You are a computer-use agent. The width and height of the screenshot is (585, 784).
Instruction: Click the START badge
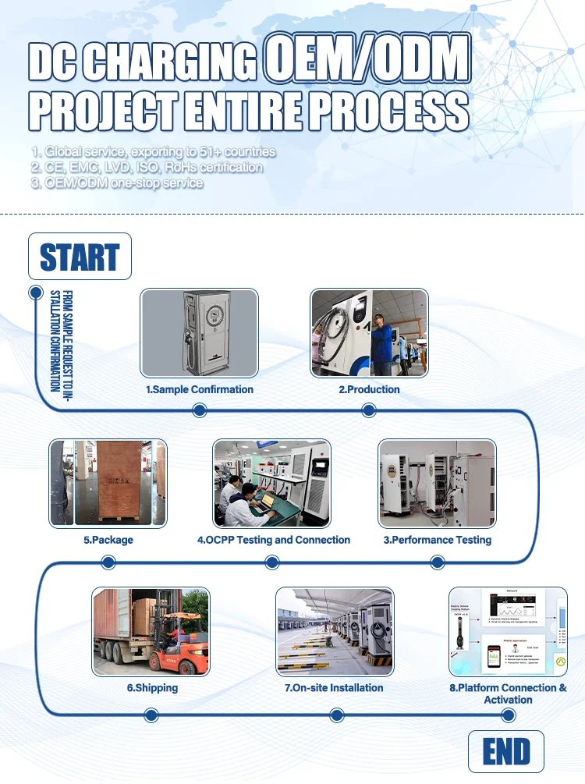coord(80,257)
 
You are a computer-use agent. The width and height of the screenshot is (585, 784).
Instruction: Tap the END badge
coord(505,753)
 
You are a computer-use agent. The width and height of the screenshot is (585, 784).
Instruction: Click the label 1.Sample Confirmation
coord(200,389)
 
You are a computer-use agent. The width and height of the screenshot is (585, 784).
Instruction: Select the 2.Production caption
coord(369,389)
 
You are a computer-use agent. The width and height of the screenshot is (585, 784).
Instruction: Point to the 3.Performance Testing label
coord(437,540)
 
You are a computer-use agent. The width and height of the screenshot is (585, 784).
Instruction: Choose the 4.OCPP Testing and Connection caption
coord(273,540)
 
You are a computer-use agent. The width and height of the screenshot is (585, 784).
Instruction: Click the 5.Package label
coord(108,540)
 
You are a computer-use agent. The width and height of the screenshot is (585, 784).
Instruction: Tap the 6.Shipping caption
coord(152,688)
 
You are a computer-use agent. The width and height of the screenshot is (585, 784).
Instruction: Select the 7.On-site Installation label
coord(334,688)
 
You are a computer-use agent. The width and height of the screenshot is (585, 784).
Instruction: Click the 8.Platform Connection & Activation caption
coord(508,694)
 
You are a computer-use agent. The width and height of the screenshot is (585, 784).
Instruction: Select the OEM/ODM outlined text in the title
coord(367,59)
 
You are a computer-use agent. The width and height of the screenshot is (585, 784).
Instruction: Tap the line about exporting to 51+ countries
coord(154,151)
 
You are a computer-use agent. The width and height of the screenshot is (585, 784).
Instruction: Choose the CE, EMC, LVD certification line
coord(147,167)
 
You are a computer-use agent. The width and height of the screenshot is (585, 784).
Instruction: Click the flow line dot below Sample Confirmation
coord(199,410)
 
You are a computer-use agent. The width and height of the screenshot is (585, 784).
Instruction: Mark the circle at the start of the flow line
coord(35,293)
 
